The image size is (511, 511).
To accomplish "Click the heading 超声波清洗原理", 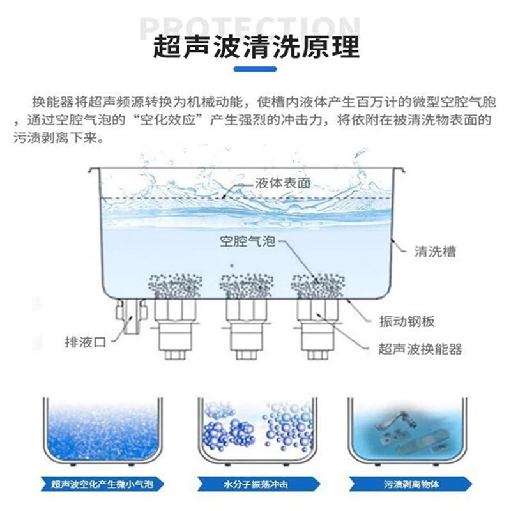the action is pyautogui.click(x=256, y=47).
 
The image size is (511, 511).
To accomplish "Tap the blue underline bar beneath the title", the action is pyautogui.click(x=255, y=69).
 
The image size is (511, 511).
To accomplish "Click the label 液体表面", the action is pyautogui.click(x=282, y=183).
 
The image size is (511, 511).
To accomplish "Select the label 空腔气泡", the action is pyautogui.click(x=248, y=241).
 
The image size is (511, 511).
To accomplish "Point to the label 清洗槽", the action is pyautogui.click(x=435, y=251).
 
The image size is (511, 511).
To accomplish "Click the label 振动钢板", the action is pyautogui.click(x=407, y=321).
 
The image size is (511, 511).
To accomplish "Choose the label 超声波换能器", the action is pyautogui.click(x=420, y=349).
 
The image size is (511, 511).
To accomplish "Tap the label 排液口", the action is pyautogui.click(x=86, y=342).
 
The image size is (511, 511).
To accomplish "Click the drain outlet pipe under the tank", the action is pyautogui.click(x=132, y=316).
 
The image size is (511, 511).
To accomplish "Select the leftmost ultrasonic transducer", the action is pyautogui.click(x=175, y=328).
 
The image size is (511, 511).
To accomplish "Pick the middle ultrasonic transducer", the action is pyautogui.click(x=247, y=328).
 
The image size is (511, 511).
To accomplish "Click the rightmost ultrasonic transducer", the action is pyautogui.click(x=317, y=328).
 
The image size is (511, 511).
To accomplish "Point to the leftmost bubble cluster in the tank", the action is pyautogui.click(x=175, y=286).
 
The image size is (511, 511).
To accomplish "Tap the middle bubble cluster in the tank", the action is pyautogui.click(x=247, y=286).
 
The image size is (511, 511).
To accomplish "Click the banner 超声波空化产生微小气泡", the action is pyautogui.click(x=102, y=484).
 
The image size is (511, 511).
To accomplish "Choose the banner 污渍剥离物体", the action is pyautogui.click(x=410, y=484).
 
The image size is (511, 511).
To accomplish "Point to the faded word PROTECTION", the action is pyautogui.click(x=250, y=27).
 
